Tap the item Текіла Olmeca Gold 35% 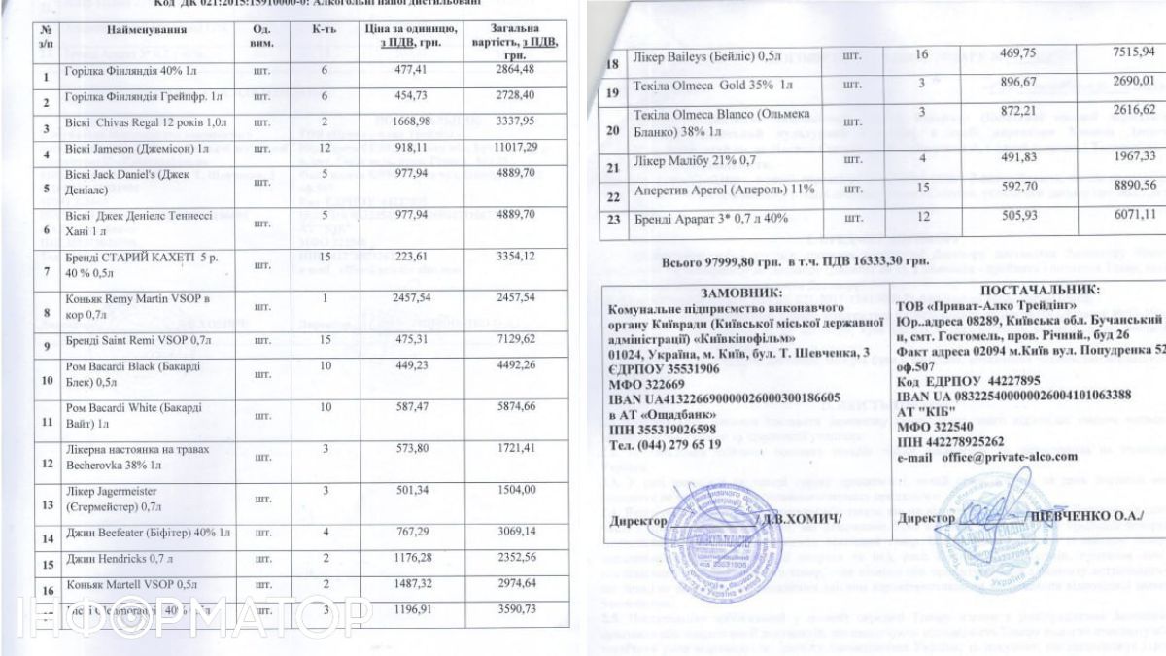point(709,86)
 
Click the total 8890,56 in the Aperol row point(1106,187)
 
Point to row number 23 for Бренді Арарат point(612,219)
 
